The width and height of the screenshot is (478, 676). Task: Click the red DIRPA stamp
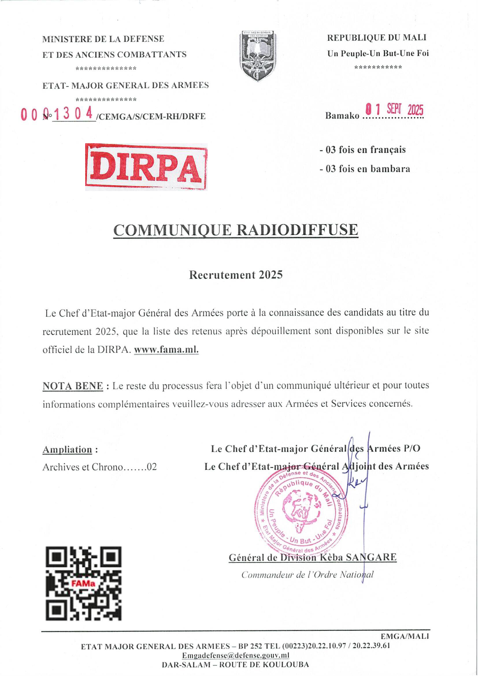146,167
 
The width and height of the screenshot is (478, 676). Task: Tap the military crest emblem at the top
258,56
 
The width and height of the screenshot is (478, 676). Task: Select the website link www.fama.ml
166,350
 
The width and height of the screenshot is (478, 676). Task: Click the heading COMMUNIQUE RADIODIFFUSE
236,230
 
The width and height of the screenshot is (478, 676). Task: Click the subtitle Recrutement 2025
236,275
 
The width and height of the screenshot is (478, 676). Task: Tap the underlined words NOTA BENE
73,386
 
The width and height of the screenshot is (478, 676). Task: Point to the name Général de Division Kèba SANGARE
313,557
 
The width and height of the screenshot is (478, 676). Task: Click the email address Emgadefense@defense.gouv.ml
235,655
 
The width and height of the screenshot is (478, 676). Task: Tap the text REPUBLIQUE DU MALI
377,38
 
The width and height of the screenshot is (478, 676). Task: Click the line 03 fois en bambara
365,169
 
